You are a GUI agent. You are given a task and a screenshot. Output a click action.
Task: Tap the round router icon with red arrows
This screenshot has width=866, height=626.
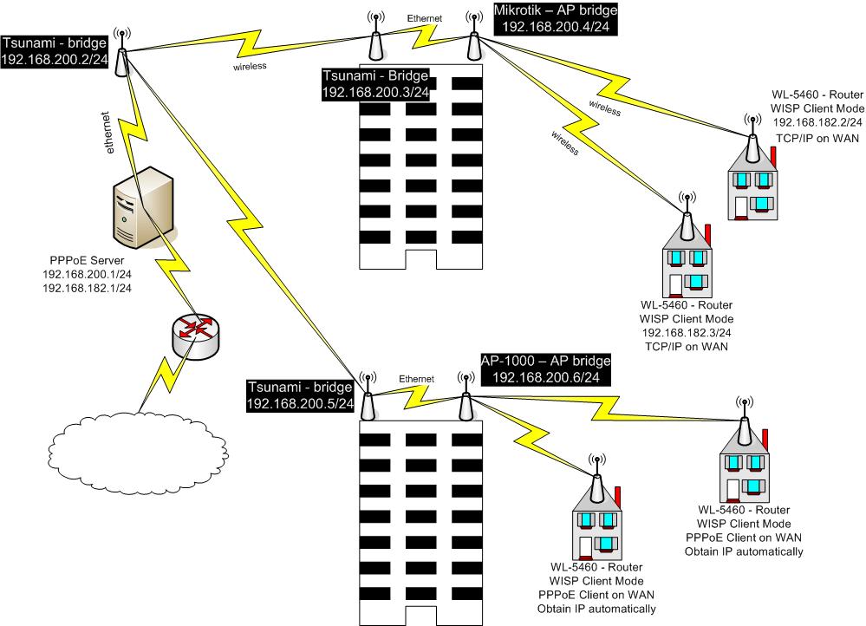point(195,335)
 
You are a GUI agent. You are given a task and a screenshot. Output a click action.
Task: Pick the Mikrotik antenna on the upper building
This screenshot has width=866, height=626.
point(473,39)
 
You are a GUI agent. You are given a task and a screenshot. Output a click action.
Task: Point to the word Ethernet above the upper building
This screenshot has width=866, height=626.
point(425,17)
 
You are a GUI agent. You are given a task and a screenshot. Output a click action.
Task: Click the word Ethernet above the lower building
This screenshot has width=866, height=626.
point(416,379)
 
